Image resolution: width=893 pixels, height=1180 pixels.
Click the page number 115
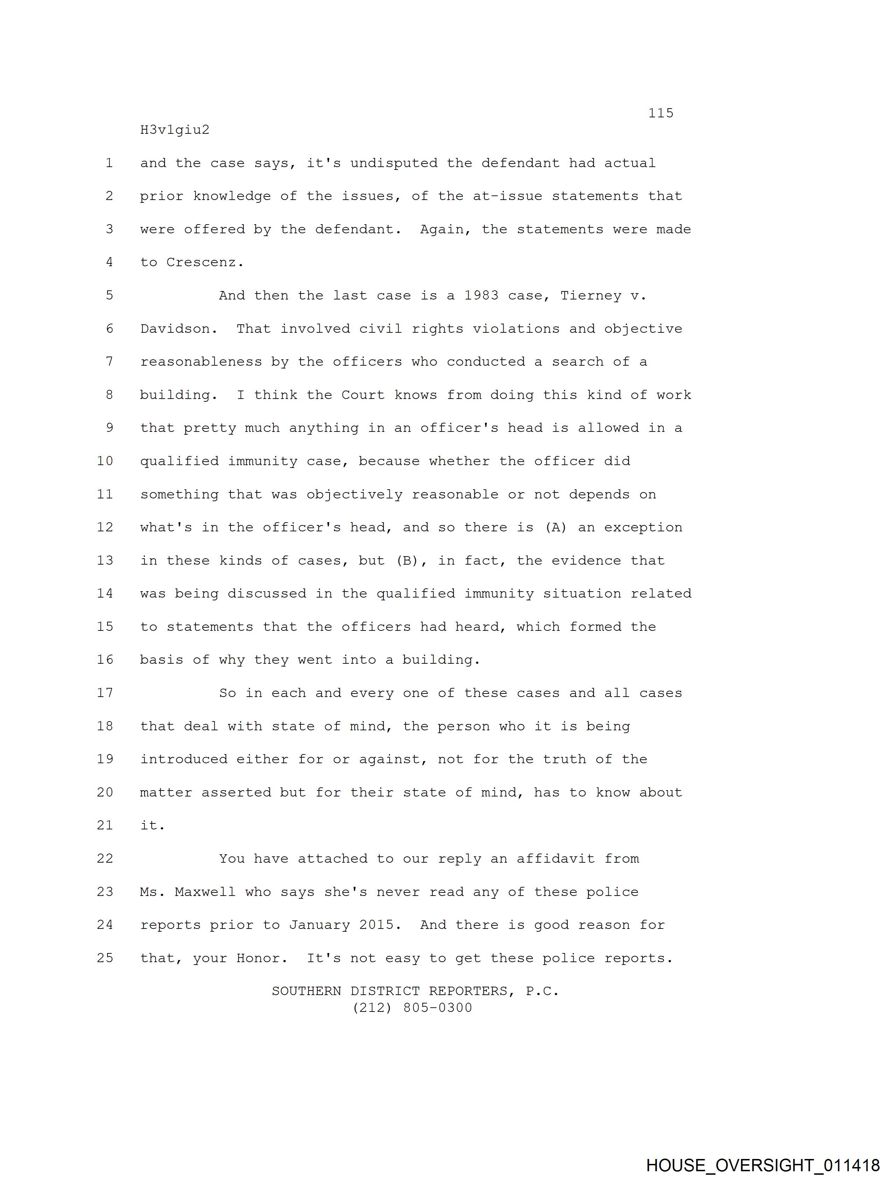[x=660, y=113]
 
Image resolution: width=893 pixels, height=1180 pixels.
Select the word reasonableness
[x=201, y=362]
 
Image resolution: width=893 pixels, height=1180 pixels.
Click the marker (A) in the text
[x=555, y=527]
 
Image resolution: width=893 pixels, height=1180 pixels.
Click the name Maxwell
[x=205, y=892]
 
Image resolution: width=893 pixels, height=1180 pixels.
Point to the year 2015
[x=380, y=925]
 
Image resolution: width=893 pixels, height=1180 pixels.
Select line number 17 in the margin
[x=105, y=693]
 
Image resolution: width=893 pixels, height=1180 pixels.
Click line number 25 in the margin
[x=105, y=958]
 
